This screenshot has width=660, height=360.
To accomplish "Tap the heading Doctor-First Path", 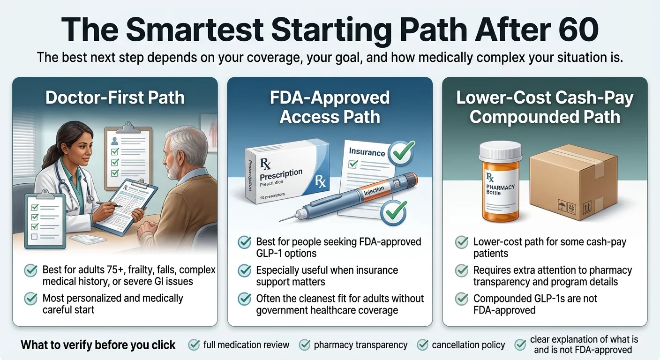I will pos(115,97).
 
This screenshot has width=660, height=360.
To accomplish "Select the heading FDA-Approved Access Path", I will pos(330,107).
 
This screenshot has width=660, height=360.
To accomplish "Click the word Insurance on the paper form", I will pos(367,152).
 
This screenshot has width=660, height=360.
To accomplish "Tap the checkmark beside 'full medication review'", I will pos(194,345).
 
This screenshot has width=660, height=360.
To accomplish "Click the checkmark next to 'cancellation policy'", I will pos(423,345).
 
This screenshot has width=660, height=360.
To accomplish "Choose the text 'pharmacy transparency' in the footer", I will pos(360,345).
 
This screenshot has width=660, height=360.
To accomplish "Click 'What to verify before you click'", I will pos(98,345).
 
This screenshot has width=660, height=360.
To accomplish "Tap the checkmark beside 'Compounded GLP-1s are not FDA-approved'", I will pos(462,299).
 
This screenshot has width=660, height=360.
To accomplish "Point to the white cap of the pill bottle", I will pos(500,151).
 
